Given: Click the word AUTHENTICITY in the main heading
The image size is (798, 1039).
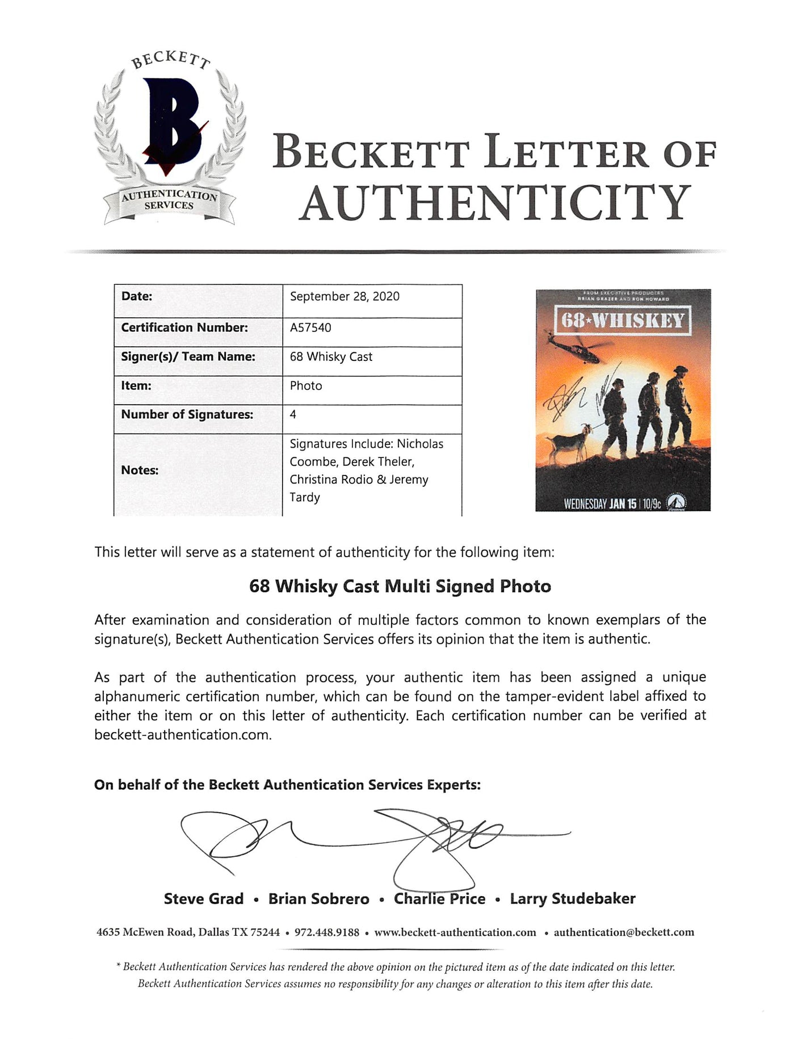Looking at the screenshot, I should (494, 203).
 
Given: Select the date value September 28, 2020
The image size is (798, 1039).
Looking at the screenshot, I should (345, 296).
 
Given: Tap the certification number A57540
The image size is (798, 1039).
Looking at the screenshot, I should (310, 327).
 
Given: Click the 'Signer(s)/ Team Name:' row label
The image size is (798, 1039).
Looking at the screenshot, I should (188, 356).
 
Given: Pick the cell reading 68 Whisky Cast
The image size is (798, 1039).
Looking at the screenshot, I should (331, 357).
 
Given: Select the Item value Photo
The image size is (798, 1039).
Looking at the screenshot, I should (306, 386).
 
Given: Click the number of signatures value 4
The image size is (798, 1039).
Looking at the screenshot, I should (293, 415).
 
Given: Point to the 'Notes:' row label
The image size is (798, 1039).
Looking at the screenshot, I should (140, 470).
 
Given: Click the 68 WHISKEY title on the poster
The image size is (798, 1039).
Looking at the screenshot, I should (623, 321).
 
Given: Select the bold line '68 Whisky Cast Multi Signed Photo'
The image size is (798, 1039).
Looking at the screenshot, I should (400, 586).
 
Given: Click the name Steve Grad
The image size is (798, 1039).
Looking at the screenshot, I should (204, 899).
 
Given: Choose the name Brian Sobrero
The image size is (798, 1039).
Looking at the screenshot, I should (318, 899).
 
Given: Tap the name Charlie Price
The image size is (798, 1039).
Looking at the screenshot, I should (440, 899).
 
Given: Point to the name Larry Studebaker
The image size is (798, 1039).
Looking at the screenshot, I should (573, 899).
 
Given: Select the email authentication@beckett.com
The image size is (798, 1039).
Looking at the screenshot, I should (624, 932).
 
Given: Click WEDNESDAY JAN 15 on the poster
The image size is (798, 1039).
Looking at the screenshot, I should (600, 503).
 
